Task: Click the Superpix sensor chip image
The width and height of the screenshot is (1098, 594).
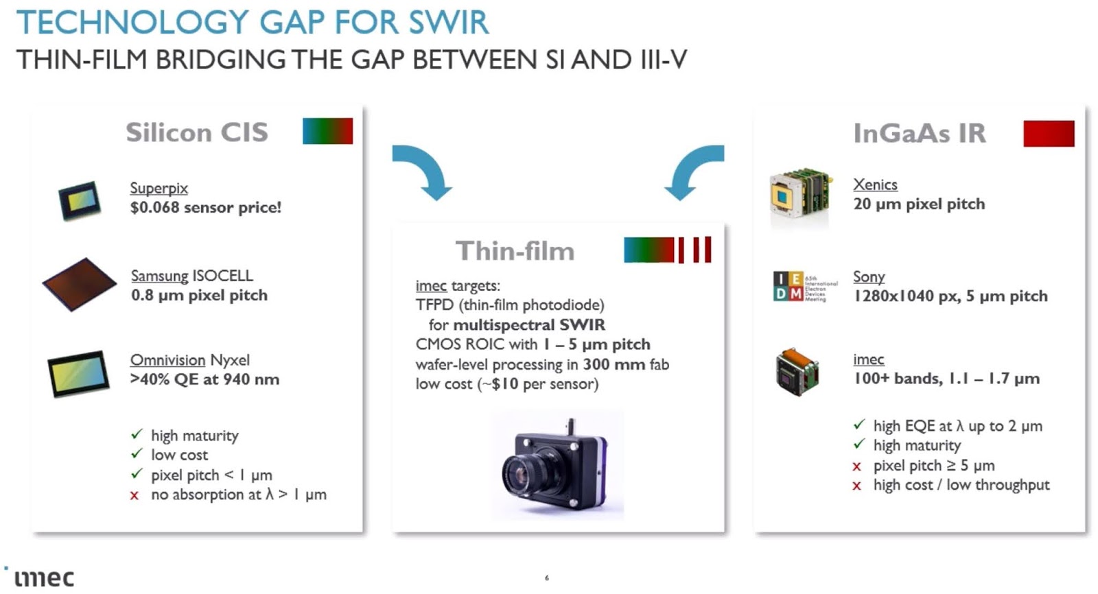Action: pos(80,200)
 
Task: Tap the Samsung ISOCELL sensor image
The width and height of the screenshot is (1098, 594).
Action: pos(79,284)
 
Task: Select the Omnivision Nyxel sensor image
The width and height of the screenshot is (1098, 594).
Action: pos(78,373)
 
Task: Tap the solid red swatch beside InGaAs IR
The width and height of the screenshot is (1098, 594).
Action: pos(1048,133)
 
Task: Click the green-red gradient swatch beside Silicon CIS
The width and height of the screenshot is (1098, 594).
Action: pos(327,131)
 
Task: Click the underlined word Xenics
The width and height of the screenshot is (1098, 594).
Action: pos(875,185)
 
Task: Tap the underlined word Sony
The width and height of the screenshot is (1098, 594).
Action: pos(868,276)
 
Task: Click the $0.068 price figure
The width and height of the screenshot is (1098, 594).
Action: pos(154,208)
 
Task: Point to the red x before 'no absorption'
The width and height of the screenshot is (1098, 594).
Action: pos(135,495)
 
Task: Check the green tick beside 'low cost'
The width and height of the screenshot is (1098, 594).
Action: pos(137,454)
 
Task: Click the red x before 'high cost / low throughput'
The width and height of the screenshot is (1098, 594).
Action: pos(856,486)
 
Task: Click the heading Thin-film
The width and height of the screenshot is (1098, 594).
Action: pos(515,251)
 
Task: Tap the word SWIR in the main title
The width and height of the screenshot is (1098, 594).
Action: pos(449,22)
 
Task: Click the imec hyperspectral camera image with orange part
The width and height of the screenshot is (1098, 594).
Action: pos(798,372)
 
